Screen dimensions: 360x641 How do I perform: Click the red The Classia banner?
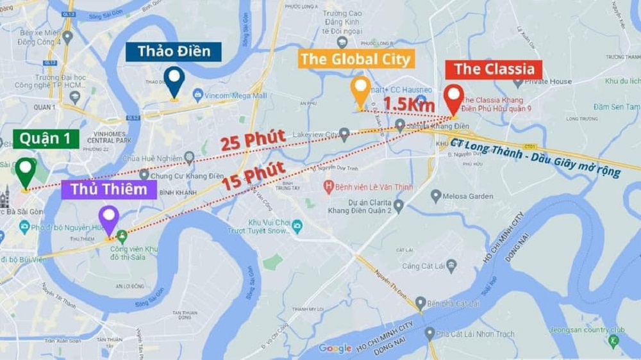tap(494, 70)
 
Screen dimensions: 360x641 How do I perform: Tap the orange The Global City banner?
tap(355, 59)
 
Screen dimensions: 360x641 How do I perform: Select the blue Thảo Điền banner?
tap(173, 52)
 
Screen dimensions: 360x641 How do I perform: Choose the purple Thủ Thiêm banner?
tap(108, 190)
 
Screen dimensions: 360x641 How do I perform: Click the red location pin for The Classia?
tap(454, 98)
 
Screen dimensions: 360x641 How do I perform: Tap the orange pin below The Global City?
tap(360, 91)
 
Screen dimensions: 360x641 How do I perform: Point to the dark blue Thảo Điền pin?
tap(174, 81)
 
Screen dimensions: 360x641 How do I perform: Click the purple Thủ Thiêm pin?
tap(109, 218)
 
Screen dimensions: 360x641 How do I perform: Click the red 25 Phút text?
tap(253, 140)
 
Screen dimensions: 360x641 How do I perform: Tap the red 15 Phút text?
tap(254, 176)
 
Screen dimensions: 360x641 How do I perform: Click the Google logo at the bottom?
tap(335, 348)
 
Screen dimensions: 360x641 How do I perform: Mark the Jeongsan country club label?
tap(587, 330)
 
